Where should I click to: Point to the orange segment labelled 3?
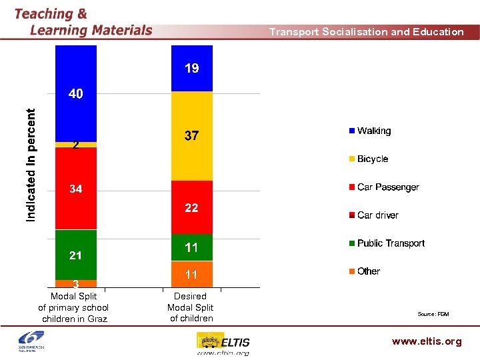click(x=76, y=283)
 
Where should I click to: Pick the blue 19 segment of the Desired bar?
click(x=191, y=68)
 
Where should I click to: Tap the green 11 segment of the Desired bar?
click(x=191, y=247)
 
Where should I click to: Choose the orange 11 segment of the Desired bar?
click(x=191, y=274)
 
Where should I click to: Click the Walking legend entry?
click(x=373, y=131)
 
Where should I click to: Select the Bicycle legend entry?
click(x=372, y=159)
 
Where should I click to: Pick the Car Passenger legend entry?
click(x=387, y=187)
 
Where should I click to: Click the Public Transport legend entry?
click(x=390, y=243)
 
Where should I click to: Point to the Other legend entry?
click(x=368, y=271)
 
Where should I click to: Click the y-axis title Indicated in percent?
click(x=31, y=165)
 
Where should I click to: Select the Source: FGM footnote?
click(x=433, y=314)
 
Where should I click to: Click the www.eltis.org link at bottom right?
click(x=427, y=341)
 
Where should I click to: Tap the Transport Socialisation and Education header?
click(x=366, y=32)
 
